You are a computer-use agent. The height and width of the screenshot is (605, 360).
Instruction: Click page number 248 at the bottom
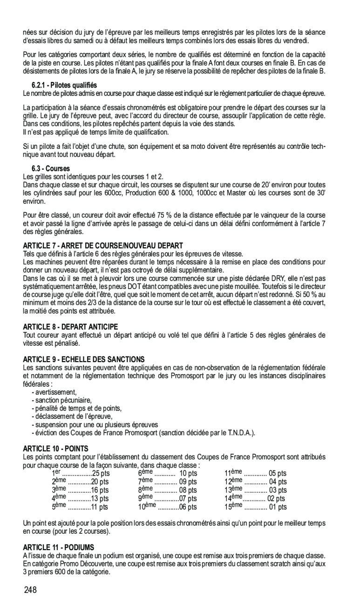30,590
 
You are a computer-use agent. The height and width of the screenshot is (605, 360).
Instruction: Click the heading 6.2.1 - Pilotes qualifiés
64,85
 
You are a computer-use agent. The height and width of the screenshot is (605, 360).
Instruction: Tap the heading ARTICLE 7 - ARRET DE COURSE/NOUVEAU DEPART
103,245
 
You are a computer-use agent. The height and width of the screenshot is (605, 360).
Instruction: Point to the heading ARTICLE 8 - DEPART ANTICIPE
70,327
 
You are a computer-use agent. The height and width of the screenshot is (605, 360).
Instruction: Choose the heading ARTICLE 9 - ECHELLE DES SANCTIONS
84,359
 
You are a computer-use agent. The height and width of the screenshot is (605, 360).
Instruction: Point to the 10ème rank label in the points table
147,507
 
